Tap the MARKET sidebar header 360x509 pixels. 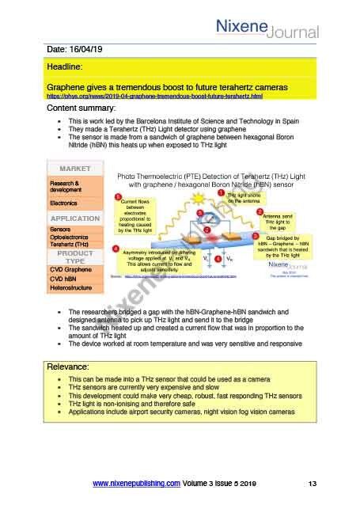point(80,169)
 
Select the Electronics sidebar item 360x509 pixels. point(64,203)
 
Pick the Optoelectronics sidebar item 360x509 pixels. point(72,237)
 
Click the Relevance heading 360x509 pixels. point(72,367)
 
